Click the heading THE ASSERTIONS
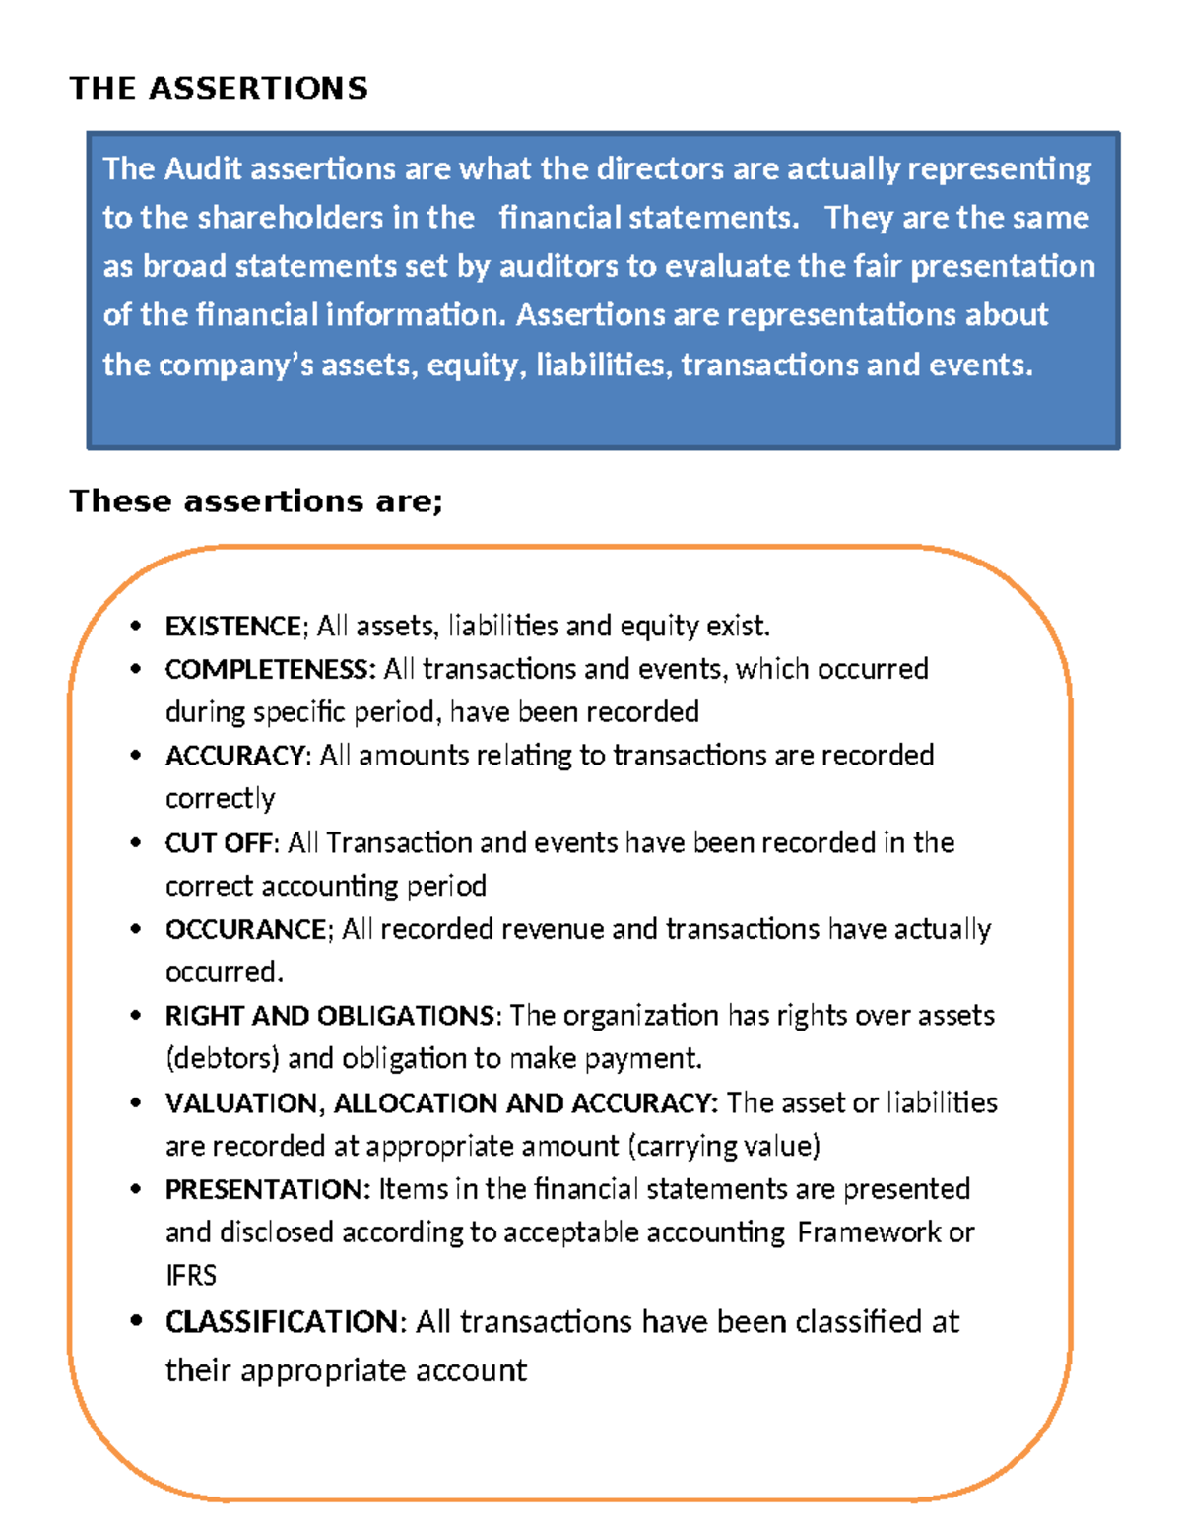click(219, 88)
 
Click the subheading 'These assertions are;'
click(256, 501)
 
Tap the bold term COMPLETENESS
click(269, 670)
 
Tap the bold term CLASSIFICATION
click(282, 1322)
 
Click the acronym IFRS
click(190, 1276)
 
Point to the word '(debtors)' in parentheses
click(223, 1059)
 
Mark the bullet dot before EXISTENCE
click(136, 627)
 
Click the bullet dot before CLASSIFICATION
click(136, 1321)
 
